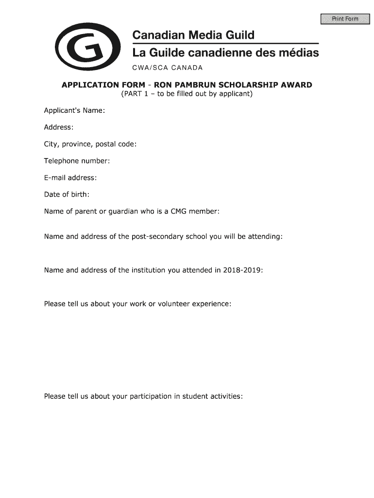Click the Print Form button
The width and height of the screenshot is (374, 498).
[345, 19]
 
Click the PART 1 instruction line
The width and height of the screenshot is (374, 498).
[187, 93]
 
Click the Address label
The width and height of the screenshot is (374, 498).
[59, 127]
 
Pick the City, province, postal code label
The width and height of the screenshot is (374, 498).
[90, 144]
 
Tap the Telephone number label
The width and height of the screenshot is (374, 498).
[77, 160]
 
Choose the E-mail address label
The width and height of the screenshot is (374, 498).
[70, 178]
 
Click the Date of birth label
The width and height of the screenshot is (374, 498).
[67, 195]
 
